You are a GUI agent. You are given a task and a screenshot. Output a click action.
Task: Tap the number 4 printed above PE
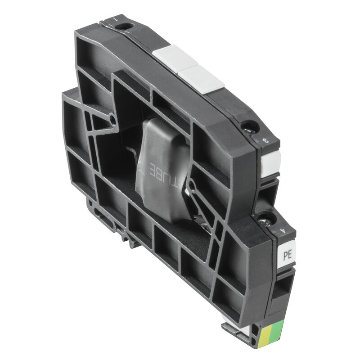click(x=283, y=231)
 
